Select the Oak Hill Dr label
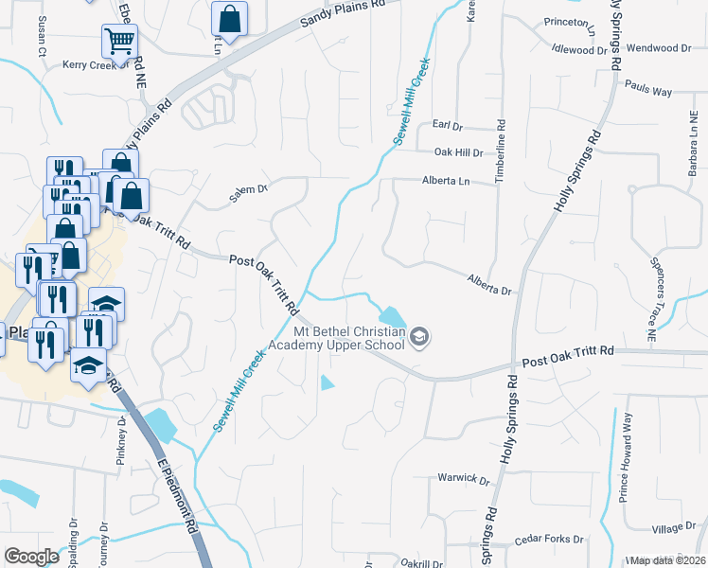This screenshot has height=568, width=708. [x=458, y=152]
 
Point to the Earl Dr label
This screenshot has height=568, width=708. [x=446, y=125]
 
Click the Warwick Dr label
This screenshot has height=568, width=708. [x=464, y=479]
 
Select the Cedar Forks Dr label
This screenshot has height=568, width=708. [x=548, y=541]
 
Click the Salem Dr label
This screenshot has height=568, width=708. [x=250, y=193]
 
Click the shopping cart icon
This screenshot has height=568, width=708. [x=120, y=41]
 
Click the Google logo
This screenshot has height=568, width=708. [x=32, y=557]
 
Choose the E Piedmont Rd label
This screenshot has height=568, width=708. [x=177, y=497]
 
